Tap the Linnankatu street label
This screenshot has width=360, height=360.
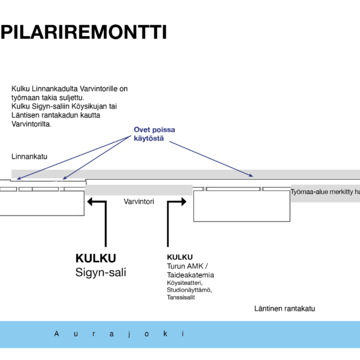pyautogui.click(x=29, y=157)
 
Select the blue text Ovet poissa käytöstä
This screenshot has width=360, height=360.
pyautogui.click(x=154, y=134)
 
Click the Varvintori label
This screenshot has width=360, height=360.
pyautogui.click(x=139, y=202)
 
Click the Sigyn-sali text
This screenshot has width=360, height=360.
pyautogui.click(x=101, y=272)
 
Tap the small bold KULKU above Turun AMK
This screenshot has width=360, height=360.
pyautogui.click(x=180, y=257)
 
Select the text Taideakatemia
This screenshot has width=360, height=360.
pyautogui.click(x=190, y=275)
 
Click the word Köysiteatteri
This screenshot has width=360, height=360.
pyautogui.click(x=185, y=283)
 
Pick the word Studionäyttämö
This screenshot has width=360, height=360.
pyautogui.click(x=189, y=290)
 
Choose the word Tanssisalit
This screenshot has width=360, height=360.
pyautogui.click(x=181, y=297)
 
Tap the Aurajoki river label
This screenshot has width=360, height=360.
pyautogui.click(x=120, y=334)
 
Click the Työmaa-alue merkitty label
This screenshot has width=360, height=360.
pyautogui.click(x=325, y=192)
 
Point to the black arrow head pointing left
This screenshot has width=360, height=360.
pyautogui.click(x=92, y=203)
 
